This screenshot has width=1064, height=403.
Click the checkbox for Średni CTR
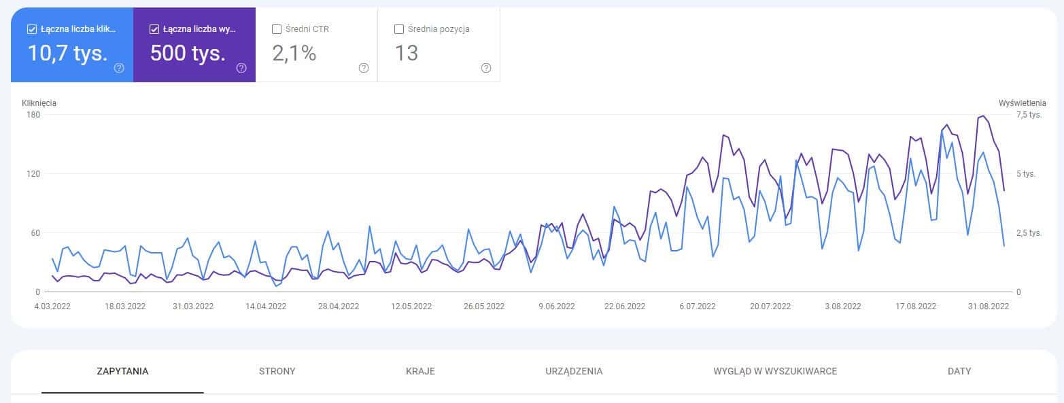[x=277, y=29]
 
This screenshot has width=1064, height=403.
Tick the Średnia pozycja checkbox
[x=399, y=29]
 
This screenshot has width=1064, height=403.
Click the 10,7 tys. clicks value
[x=67, y=53]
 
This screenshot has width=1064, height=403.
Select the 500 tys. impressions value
[x=188, y=53]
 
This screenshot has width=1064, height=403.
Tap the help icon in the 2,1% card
[x=364, y=68]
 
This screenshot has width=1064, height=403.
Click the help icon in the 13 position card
[x=486, y=68]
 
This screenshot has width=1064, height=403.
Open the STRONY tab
[x=277, y=371]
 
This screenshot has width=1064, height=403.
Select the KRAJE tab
[x=420, y=371]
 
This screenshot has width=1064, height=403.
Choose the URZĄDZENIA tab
[x=574, y=371]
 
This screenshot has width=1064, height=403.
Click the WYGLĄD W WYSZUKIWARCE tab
[x=775, y=371]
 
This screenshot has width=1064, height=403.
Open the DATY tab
[x=959, y=371]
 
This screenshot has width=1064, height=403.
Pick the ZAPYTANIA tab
[x=122, y=371]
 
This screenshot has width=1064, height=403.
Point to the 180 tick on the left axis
[x=33, y=115]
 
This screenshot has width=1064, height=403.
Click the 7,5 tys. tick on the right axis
[x=1029, y=115]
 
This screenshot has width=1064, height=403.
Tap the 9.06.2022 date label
[x=556, y=306]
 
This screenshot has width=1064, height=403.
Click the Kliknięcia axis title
[x=39, y=103]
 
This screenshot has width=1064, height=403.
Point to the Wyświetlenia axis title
[x=1022, y=103]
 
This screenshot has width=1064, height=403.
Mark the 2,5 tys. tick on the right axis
[x=1029, y=233]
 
